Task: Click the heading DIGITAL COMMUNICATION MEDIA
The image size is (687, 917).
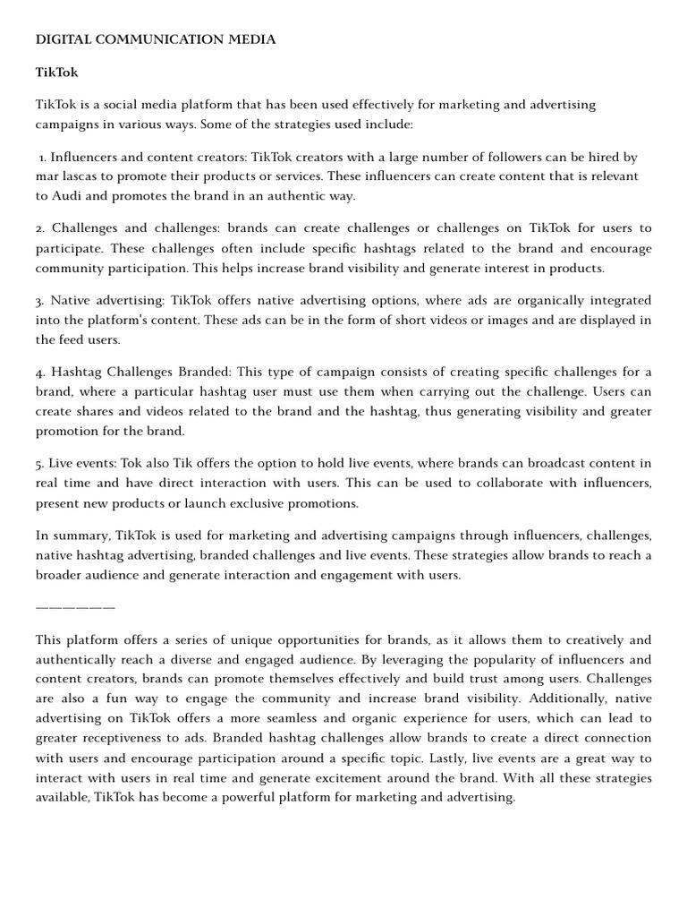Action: click(x=156, y=39)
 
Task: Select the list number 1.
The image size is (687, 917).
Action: click(x=42, y=157)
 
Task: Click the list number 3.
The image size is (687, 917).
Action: click(x=39, y=300)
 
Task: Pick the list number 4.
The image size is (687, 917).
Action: click(x=39, y=372)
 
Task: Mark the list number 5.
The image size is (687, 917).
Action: click(x=39, y=463)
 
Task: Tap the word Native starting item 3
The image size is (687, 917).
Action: click(x=72, y=300)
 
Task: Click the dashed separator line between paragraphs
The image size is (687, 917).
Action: click(x=75, y=608)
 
